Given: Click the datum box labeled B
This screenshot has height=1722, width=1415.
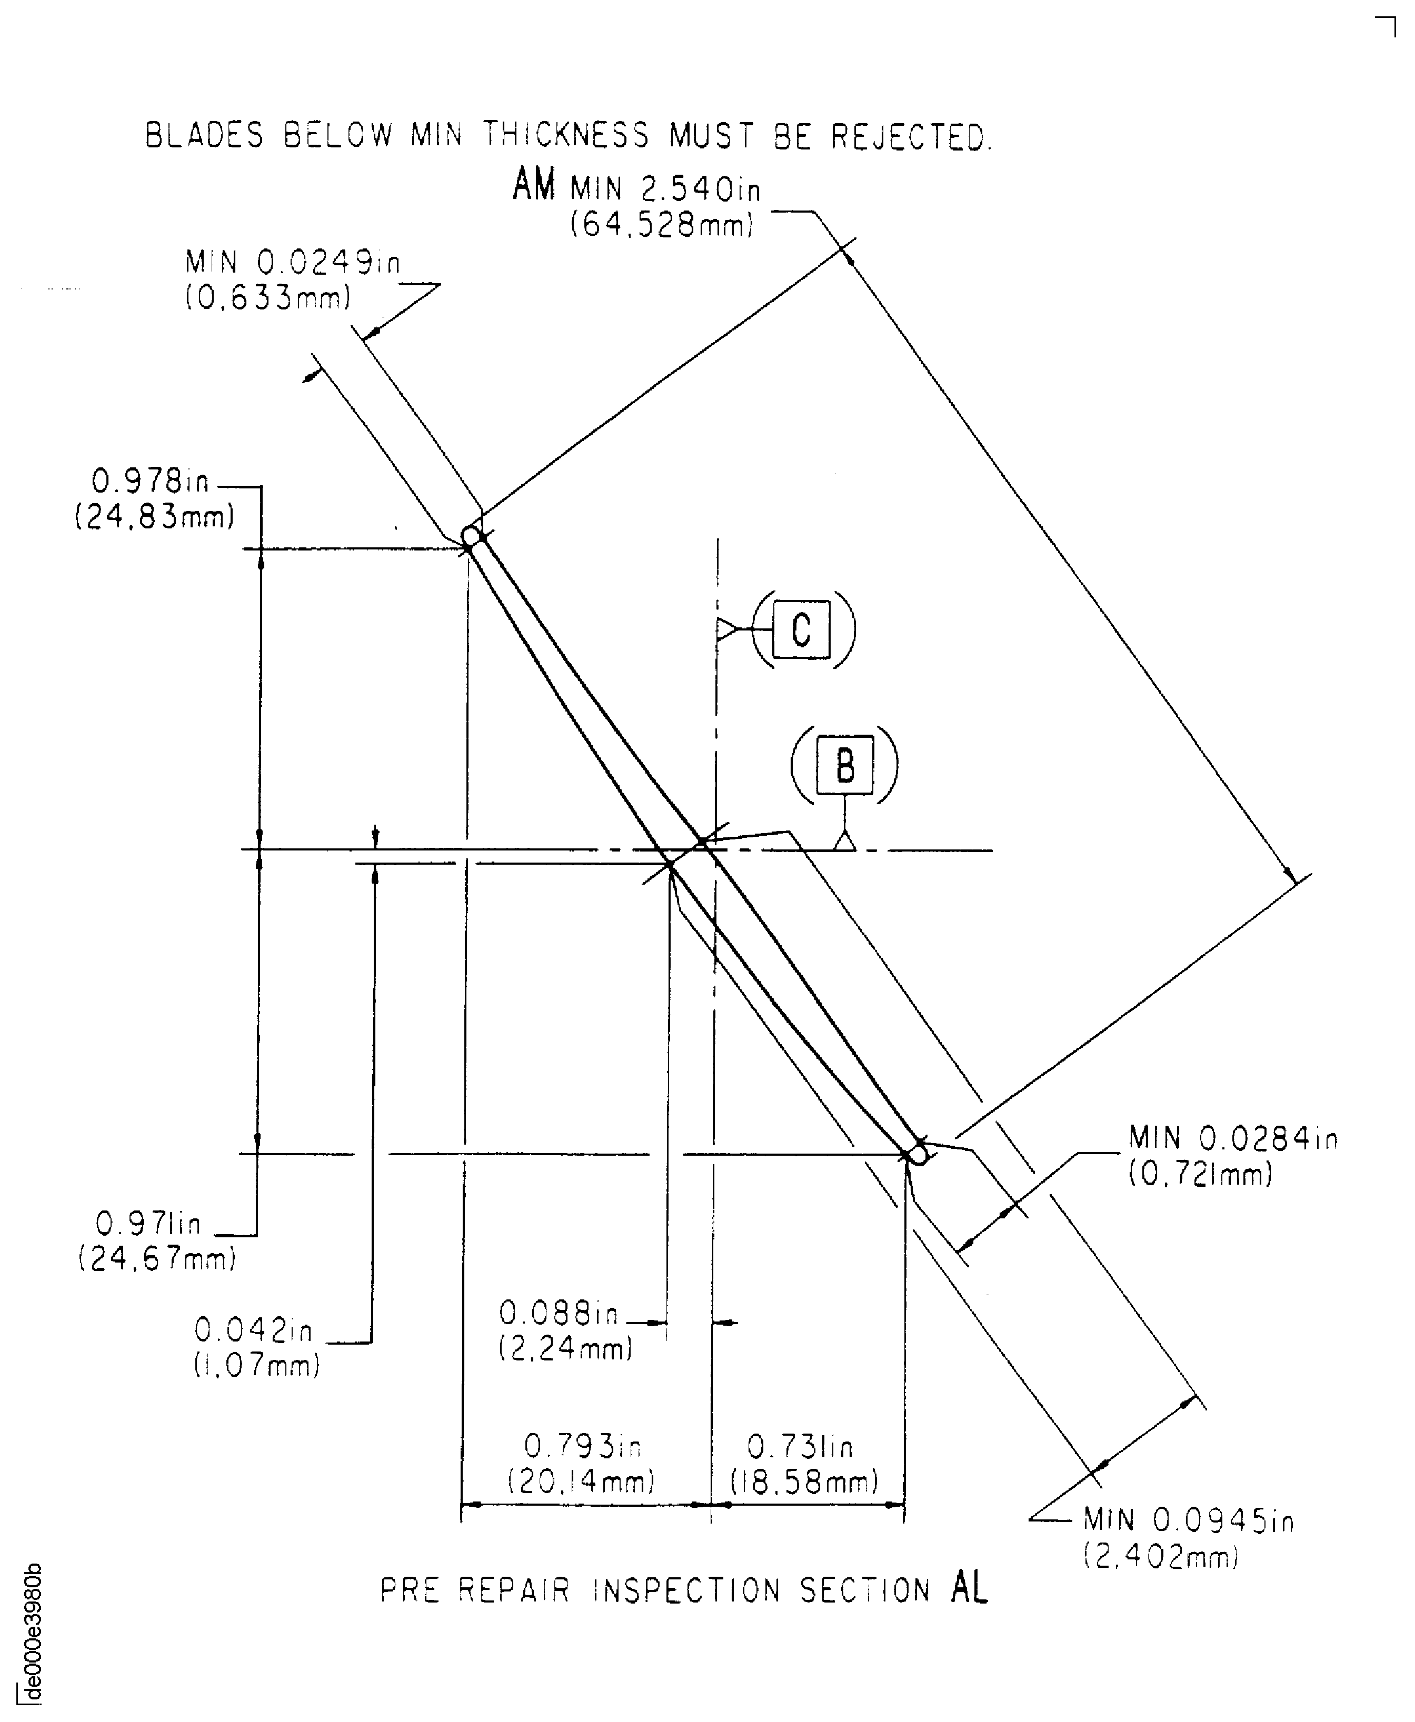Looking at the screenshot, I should coord(845,765).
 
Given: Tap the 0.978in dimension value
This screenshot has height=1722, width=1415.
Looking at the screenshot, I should coord(150,482).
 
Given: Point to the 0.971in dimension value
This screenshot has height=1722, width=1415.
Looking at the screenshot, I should coord(148,1223).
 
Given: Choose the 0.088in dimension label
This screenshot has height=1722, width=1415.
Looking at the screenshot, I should coord(559,1313).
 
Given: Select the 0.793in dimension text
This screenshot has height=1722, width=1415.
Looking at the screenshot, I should coord(583,1447).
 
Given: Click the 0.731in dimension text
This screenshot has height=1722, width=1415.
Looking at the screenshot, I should coord(801,1447).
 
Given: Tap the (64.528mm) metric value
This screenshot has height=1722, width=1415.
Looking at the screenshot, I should coord(662,224).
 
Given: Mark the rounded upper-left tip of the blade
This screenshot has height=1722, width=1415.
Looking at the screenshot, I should coord(471,536).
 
